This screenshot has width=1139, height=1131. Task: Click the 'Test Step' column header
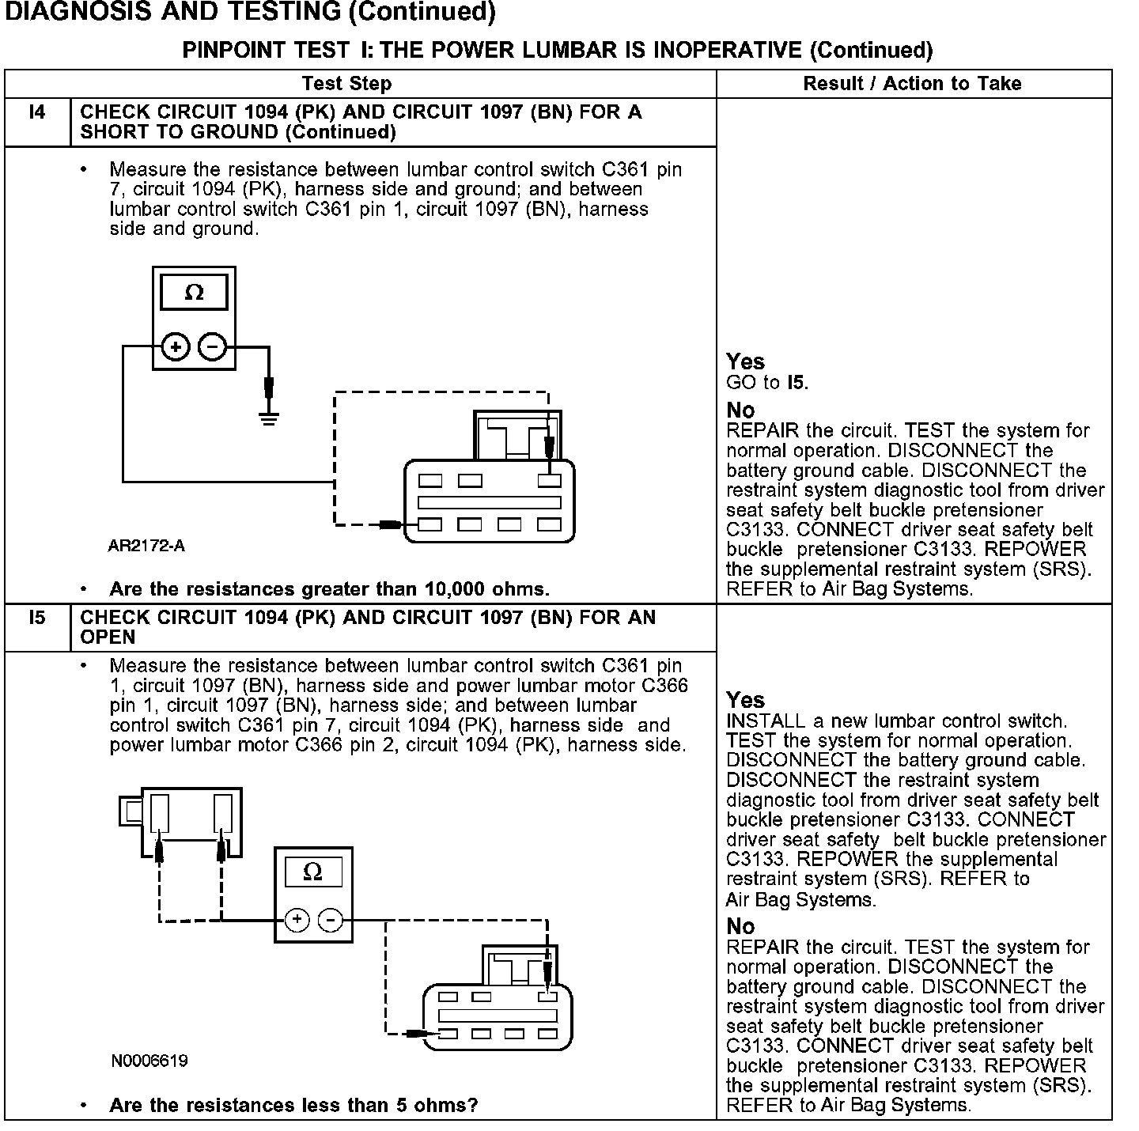tap(346, 84)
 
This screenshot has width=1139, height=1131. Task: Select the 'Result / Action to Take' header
tap(912, 84)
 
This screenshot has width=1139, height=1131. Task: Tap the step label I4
tap(37, 112)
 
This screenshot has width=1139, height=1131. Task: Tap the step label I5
tap(37, 618)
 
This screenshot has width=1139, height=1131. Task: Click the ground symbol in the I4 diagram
tap(269, 417)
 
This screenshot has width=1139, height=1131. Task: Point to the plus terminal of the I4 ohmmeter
tap(176, 346)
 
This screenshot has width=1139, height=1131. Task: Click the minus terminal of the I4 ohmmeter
tap(212, 346)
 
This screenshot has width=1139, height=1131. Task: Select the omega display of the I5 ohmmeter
tap(312, 872)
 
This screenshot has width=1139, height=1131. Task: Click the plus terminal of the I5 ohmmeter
tap(297, 920)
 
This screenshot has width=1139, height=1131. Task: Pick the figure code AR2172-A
tap(147, 546)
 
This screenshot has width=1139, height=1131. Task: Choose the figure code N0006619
tap(149, 1061)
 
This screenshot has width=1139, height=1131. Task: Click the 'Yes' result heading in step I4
tap(745, 362)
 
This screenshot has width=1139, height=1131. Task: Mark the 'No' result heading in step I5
tap(740, 926)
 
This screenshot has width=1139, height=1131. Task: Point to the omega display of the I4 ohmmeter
tap(194, 293)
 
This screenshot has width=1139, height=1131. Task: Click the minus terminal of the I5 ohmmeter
tap(331, 920)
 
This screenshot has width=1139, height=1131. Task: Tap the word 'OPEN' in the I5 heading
tap(108, 637)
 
